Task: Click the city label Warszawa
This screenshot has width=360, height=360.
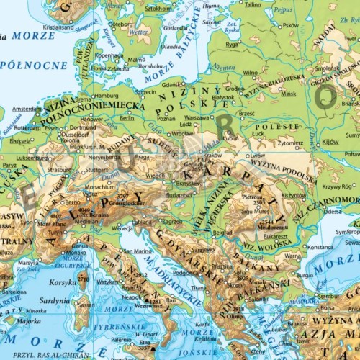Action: point(197,117)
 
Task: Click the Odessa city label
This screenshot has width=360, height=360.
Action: point(333,212)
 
